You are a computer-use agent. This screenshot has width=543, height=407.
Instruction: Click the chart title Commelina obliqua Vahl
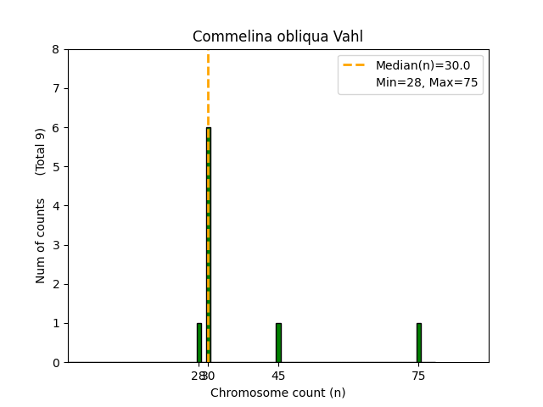277,36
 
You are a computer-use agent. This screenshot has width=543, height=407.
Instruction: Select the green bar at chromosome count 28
199,343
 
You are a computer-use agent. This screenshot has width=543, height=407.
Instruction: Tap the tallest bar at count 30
209,246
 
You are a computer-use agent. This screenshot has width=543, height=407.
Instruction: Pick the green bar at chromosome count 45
278,343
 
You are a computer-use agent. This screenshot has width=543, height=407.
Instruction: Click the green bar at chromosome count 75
418,343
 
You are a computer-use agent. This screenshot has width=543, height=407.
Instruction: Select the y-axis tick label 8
56,49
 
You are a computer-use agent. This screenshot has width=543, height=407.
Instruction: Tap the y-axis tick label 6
56,128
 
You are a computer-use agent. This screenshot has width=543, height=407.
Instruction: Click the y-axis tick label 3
56,245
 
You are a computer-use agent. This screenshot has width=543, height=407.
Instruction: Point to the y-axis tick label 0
56,363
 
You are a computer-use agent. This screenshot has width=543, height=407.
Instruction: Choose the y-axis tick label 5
56,167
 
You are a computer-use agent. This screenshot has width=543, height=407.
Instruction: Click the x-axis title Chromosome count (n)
277,393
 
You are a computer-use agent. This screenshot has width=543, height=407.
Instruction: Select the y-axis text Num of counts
41,241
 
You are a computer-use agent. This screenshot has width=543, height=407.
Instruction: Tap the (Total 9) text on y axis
41,152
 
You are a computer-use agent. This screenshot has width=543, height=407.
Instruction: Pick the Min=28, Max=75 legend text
427,82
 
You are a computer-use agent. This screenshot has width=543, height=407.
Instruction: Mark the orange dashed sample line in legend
356,65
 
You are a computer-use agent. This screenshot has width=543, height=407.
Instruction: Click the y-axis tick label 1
56,323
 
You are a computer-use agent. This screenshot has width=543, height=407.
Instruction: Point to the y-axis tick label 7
56,88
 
